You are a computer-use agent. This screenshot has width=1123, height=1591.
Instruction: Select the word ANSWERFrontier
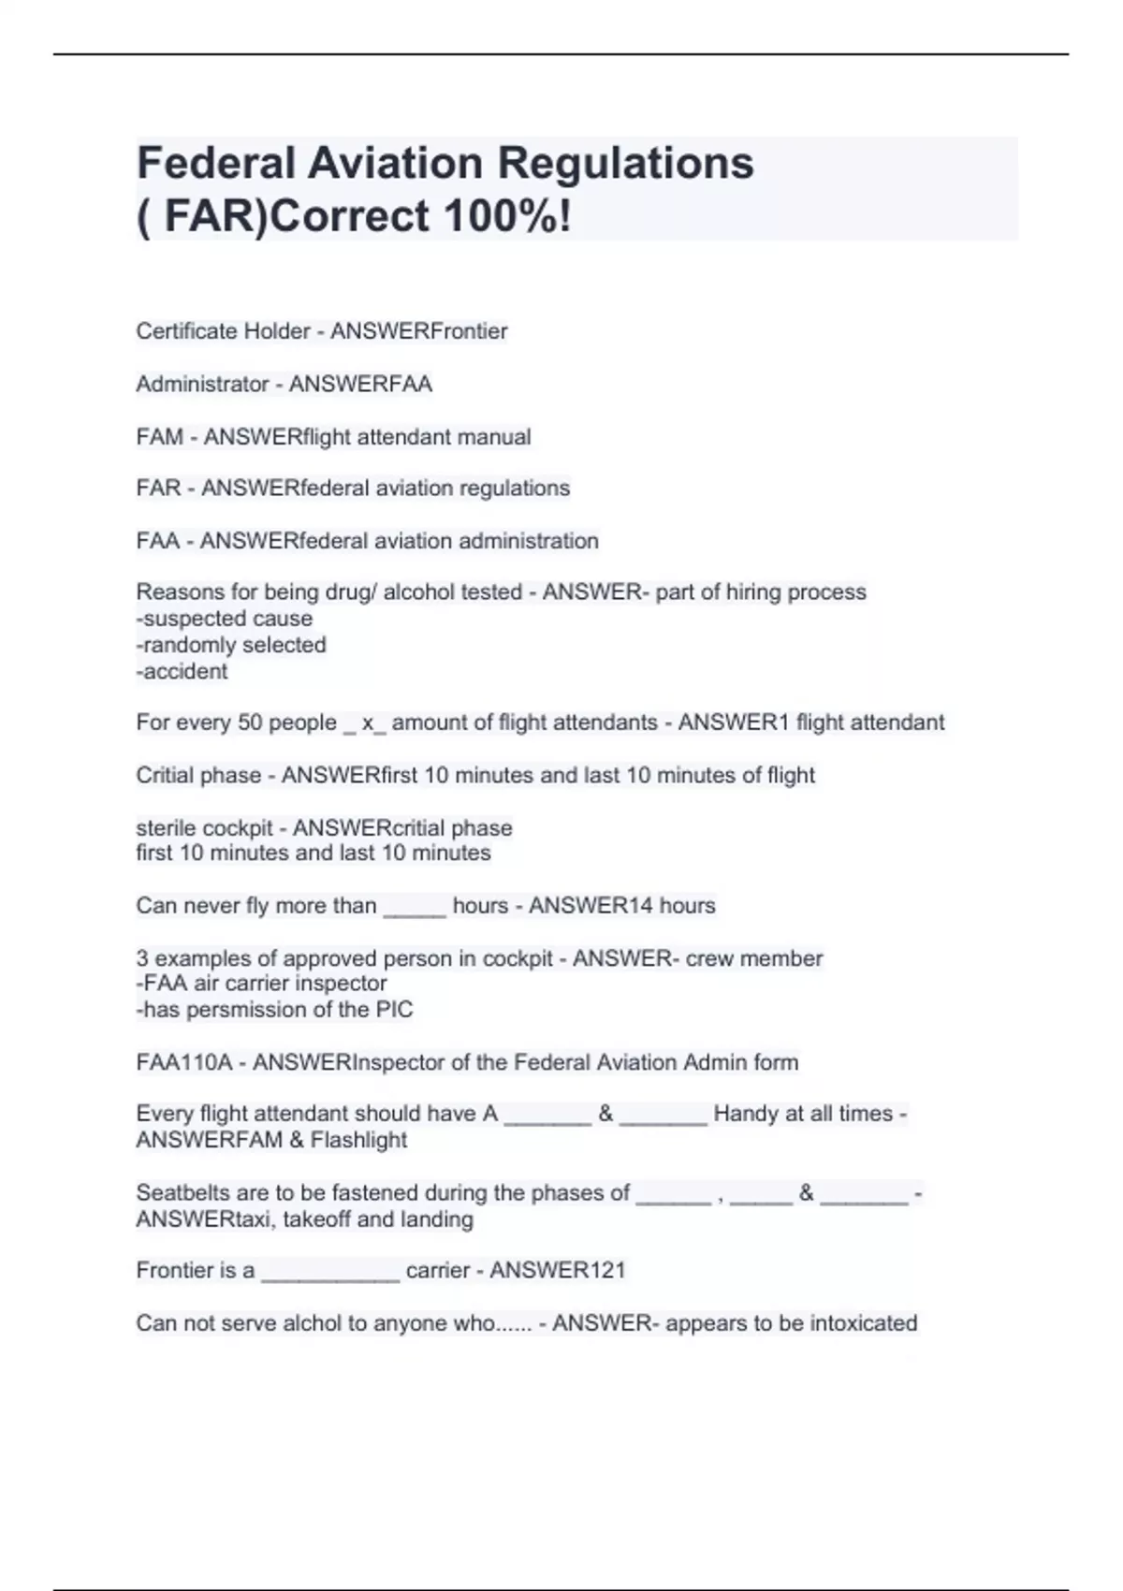coord(418,331)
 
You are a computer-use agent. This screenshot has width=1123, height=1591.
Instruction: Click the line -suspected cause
coord(225,619)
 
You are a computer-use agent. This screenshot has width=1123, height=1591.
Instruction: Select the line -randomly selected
coord(231,645)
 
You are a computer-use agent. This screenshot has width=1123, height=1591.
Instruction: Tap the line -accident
coord(182,671)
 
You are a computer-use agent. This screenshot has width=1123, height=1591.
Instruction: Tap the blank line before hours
coord(415,908)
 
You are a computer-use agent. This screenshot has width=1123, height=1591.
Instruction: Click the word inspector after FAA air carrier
coord(342,984)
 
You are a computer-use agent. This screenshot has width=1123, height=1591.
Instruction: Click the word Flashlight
coord(359,1140)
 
